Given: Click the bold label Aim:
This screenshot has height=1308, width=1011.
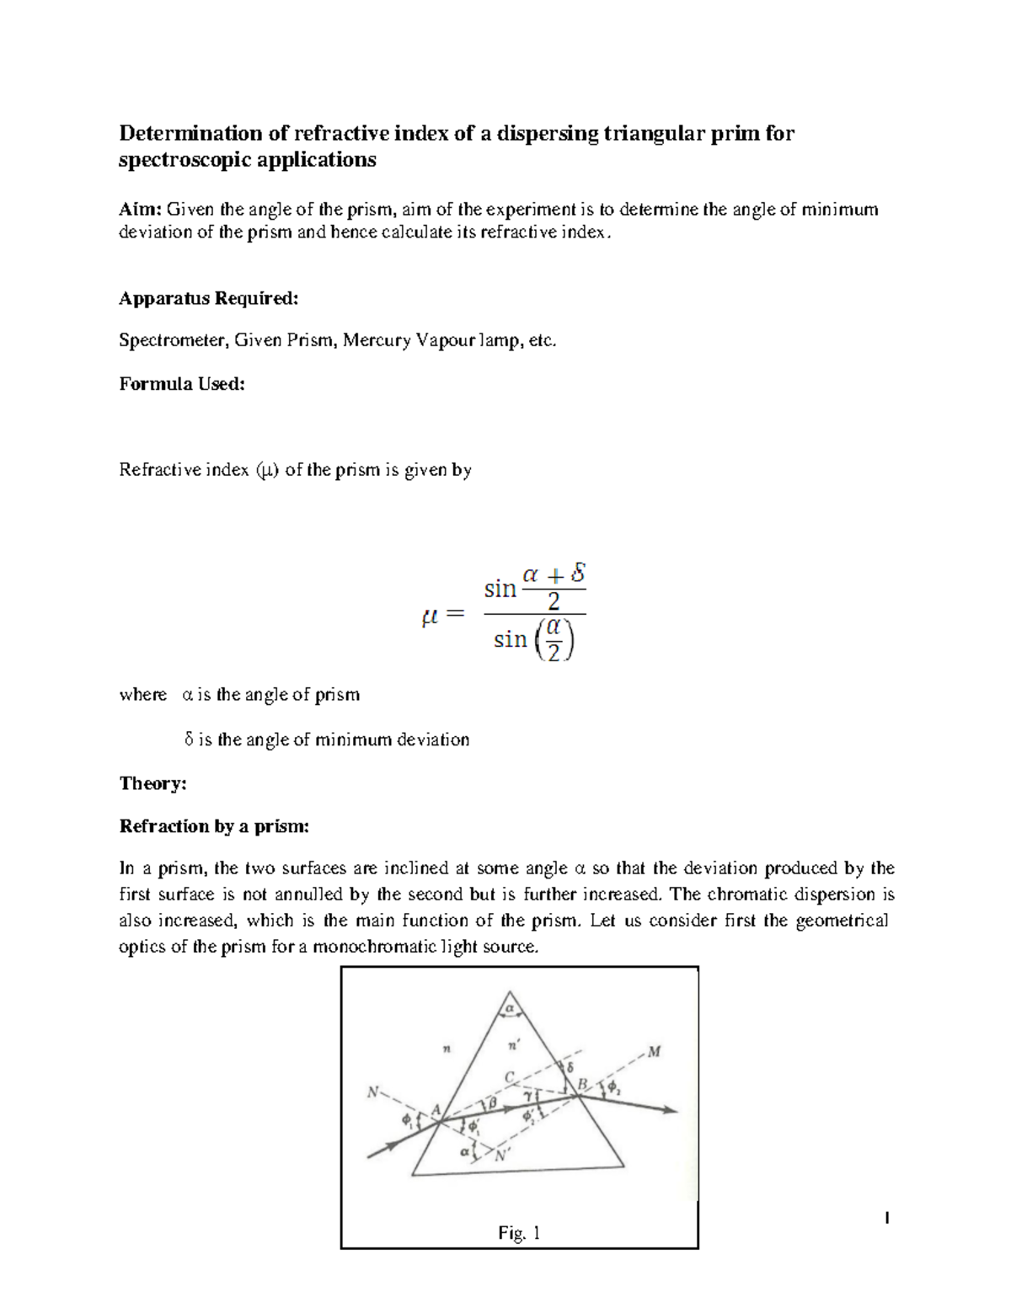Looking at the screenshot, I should [140, 210].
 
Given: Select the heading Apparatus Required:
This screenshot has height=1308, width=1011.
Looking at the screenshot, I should [208, 298].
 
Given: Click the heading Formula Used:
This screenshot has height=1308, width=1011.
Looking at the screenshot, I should [181, 384].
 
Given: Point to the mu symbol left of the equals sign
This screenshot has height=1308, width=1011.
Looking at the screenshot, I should [430, 617].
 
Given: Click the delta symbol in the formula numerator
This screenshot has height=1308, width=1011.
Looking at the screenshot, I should [577, 574].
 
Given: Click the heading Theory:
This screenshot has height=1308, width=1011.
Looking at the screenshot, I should [152, 783].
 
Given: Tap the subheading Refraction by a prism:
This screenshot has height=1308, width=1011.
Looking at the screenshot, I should [214, 826].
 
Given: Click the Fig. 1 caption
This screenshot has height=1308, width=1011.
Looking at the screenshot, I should [519, 1234].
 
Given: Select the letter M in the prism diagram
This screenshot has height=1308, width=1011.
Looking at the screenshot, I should [654, 1052].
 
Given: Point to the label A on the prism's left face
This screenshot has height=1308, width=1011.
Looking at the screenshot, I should [436, 1110].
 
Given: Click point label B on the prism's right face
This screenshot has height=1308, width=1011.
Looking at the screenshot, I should [581, 1085].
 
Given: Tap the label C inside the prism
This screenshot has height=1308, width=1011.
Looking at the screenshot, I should [509, 1076].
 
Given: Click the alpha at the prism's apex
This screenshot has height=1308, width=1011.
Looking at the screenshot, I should [509, 1006].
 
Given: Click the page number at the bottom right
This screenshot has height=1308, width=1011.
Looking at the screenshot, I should [885, 1218].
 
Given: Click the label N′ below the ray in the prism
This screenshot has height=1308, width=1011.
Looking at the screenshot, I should [502, 1156].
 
